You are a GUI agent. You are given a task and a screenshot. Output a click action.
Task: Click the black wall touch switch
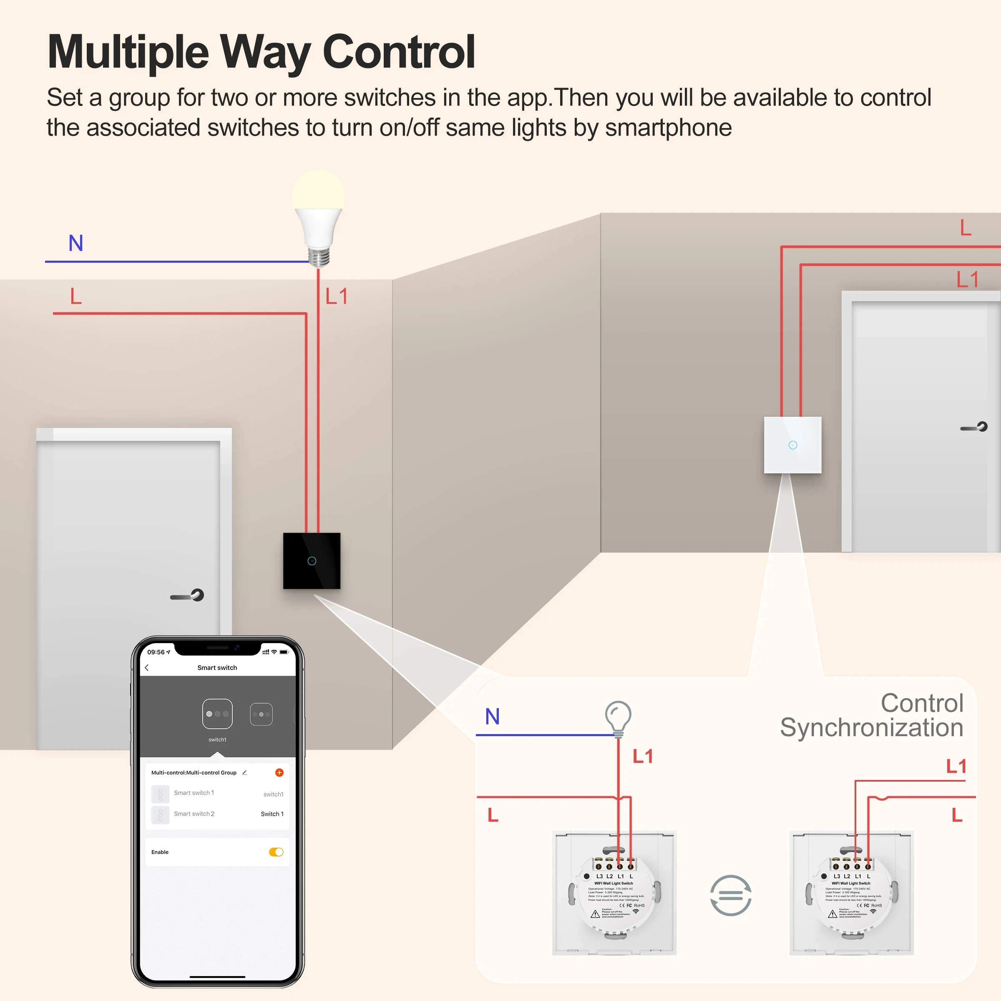[x=312, y=561]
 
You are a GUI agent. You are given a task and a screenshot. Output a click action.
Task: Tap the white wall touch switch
[x=792, y=445]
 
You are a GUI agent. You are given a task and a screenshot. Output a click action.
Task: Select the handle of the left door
[x=188, y=596]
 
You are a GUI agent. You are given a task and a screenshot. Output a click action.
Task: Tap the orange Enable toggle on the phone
[x=276, y=852]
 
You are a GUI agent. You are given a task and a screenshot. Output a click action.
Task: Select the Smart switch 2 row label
[x=194, y=813]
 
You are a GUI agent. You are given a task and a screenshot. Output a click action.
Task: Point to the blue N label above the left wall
[x=75, y=243]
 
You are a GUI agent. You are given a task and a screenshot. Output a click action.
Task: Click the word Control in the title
[x=398, y=52]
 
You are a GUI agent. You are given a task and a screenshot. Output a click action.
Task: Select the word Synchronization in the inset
[x=871, y=727]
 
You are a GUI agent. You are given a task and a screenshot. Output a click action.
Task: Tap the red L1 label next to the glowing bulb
[x=336, y=297]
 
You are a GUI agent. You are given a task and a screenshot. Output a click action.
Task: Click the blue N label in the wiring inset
[x=492, y=717]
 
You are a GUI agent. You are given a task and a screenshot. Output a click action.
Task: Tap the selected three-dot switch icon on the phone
[x=217, y=714]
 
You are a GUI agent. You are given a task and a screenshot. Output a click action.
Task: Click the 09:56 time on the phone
[x=156, y=652]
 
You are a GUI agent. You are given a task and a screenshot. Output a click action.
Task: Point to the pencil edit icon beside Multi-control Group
[x=244, y=772]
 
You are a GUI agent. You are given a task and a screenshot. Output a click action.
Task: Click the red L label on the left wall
[x=75, y=297]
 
